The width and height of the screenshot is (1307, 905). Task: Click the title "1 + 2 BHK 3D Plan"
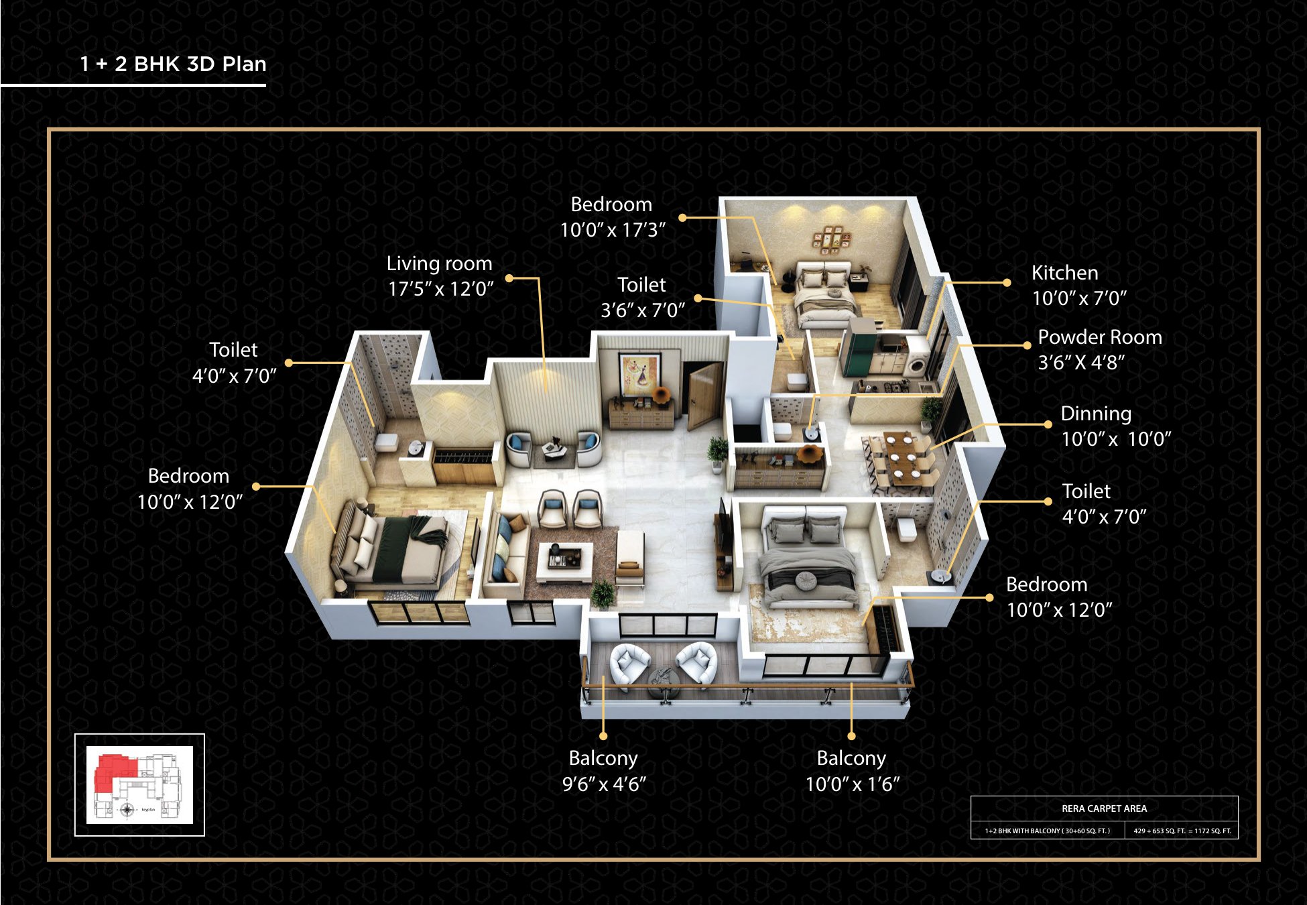pyautogui.click(x=173, y=64)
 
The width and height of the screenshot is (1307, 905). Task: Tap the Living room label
pyautogui.click(x=439, y=263)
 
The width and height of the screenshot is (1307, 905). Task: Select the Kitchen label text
pyautogui.click(x=1064, y=273)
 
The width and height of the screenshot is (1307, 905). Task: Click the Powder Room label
pyautogui.click(x=1100, y=337)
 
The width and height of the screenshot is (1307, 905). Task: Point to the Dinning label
pyautogui.click(x=1096, y=414)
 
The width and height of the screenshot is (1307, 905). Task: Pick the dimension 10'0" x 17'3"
pyautogui.click(x=613, y=230)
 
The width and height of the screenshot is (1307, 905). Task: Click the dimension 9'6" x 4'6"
pyautogui.click(x=603, y=784)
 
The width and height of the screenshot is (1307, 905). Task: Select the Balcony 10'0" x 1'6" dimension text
pyautogui.click(x=852, y=784)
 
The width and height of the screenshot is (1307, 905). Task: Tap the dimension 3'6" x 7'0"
pyautogui.click(x=642, y=310)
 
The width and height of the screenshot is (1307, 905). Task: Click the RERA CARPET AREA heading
pyautogui.click(x=1104, y=808)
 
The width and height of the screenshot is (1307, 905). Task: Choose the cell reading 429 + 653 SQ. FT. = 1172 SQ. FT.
pyautogui.click(x=1182, y=831)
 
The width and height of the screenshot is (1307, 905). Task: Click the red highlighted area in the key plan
pyautogui.click(x=113, y=772)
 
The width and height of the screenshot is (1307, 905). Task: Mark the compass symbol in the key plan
pyautogui.click(x=127, y=810)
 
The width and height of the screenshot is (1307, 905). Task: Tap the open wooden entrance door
pyautogui.click(x=704, y=395)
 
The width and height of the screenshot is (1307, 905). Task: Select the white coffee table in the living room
pyautogui.click(x=564, y=562)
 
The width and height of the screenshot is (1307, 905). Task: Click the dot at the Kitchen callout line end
pyautogui.click(x=1007, y=283)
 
